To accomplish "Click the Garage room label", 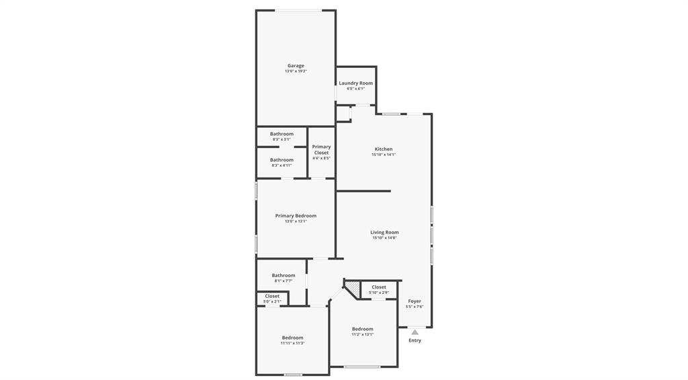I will [296, 66].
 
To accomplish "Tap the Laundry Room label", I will [355, 83].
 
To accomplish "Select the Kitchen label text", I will [384, 149].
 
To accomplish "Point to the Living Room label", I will [384, 233].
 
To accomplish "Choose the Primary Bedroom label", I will [296, 216].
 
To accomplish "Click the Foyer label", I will [415, 301].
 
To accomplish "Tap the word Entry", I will [415, 340].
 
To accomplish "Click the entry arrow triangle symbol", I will [415, 332].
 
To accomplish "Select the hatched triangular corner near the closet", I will [352, 287].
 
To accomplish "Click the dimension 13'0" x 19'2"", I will [296, 71].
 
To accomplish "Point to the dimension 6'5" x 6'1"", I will [355, 89].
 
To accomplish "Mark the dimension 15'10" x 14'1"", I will [384, 155].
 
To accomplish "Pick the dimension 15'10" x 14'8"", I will [384, 238].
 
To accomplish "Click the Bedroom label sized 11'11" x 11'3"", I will [292, 338].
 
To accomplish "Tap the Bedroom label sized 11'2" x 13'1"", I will [363, 329].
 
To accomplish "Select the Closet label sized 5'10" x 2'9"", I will [379, 287].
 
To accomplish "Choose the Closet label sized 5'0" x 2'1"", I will [272, 296].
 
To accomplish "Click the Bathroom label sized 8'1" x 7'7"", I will [284, 275].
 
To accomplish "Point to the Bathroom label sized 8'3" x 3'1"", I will [282, 134].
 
